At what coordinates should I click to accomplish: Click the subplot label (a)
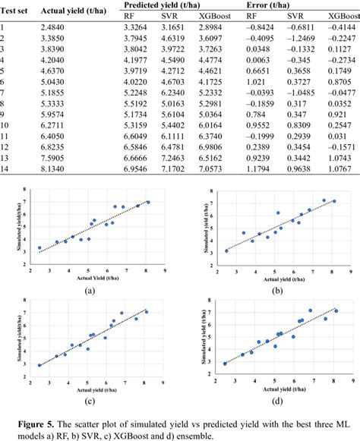[x=90, y=289]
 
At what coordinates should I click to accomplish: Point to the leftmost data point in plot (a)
[x=39, y=247]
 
